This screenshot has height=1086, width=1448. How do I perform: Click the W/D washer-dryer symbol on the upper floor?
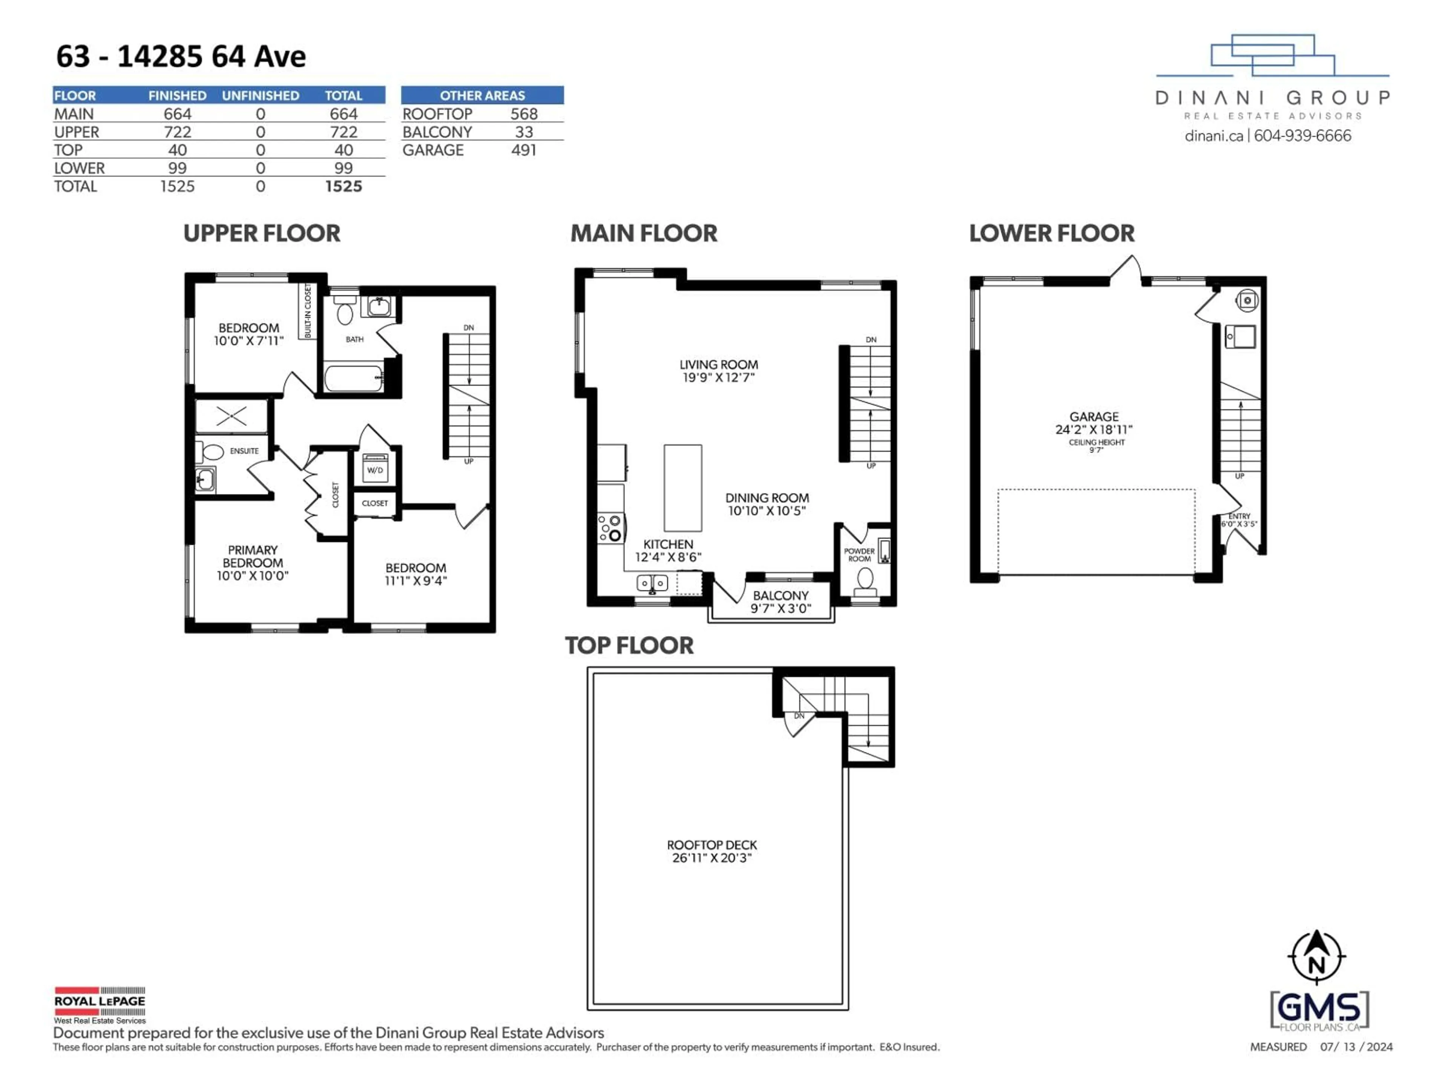pos(375,469)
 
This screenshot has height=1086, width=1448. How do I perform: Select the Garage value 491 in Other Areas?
pos(524,150)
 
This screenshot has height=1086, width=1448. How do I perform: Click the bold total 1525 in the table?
pos(343,187)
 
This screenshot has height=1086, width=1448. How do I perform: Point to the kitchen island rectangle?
pos(683,488)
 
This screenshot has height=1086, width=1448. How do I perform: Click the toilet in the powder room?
pos(865,581)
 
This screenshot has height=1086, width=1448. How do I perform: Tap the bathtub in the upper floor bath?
pos(353,378)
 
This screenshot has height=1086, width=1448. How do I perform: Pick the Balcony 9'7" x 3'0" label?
pos(780,601)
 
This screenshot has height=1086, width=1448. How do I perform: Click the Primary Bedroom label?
pos(253,562)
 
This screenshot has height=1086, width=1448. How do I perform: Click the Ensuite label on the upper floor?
pos(244,451)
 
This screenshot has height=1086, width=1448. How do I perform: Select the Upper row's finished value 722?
pos(177,132)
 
